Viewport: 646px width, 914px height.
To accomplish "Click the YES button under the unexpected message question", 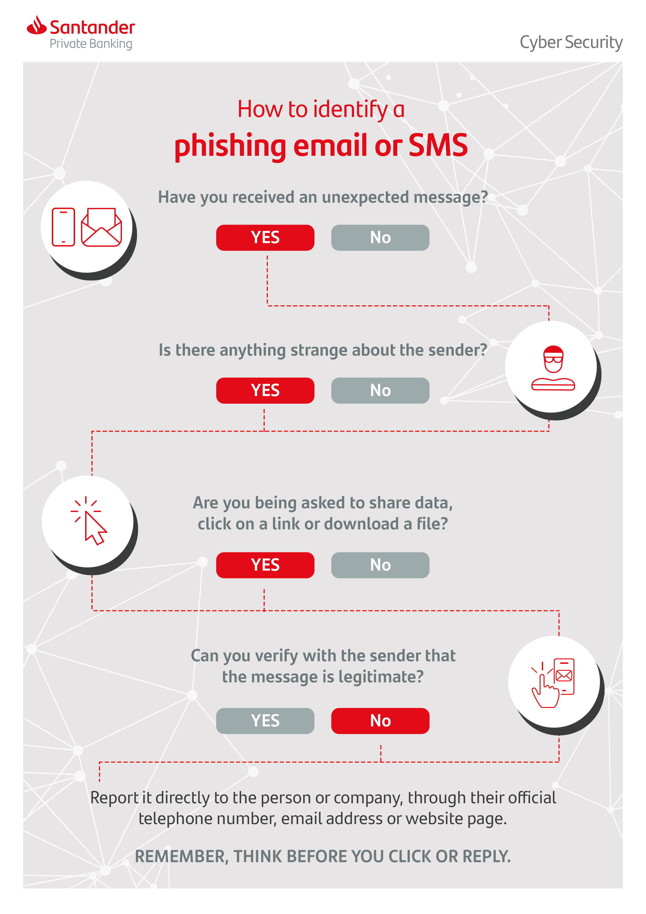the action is (265, 238).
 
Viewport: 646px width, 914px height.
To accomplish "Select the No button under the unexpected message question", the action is (380, 238).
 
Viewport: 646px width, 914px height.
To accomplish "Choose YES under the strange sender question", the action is (265, 391).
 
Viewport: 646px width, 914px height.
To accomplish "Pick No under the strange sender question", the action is (380, 391).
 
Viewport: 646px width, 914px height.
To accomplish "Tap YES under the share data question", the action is (265, 565).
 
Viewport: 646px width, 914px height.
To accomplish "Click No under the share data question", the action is (380, 565).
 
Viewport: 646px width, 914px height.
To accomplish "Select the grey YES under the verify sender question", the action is (265, 720).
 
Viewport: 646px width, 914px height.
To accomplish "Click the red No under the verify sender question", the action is (380, 720).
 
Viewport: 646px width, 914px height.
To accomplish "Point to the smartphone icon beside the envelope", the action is (63, 227).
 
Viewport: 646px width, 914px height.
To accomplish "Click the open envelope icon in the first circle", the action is (101, 227).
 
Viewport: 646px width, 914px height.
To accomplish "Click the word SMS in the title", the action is (438, 145).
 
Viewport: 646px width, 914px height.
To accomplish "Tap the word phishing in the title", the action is (230, 146).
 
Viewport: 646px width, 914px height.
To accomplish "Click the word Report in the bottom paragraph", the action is (114, 798).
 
